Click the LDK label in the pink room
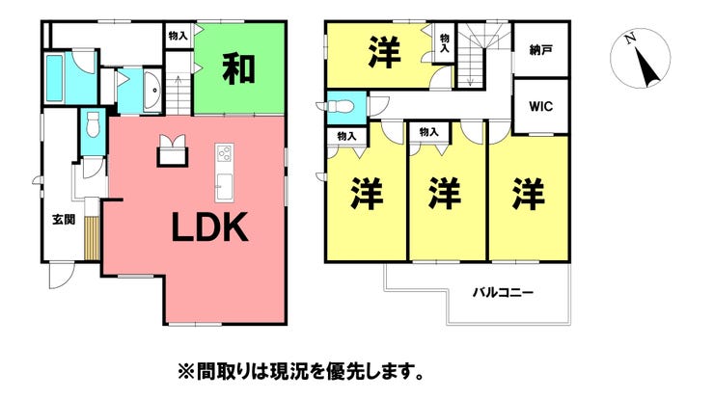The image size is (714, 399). click(x=210, y=227)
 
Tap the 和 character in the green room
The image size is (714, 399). click(x=238, y=69)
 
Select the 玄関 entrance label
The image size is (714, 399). click(x=64, y=220)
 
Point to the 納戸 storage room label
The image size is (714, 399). click(x=541, y=49)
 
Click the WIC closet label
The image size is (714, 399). click(x=541, y=106)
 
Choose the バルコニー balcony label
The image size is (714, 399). click(x=503, y=292)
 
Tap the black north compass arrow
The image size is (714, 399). click(x=647, y=67)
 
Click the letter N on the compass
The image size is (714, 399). click(x=631, y=40)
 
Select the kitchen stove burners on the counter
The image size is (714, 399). click(x=225, y=153)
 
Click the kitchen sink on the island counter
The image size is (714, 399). click(x=224, y=187)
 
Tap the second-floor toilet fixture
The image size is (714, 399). click(x=338, y=106)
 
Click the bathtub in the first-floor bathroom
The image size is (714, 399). click(x=55, y=78)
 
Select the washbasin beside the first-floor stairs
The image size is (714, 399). click(x=152, y=90)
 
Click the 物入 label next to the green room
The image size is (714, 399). click(x=178, y=35)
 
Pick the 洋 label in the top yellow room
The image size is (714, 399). click(x=385, y=53)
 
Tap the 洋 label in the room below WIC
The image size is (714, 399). click(x=528, y=195)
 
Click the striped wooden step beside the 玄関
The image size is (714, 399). click(x=92, y=238)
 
